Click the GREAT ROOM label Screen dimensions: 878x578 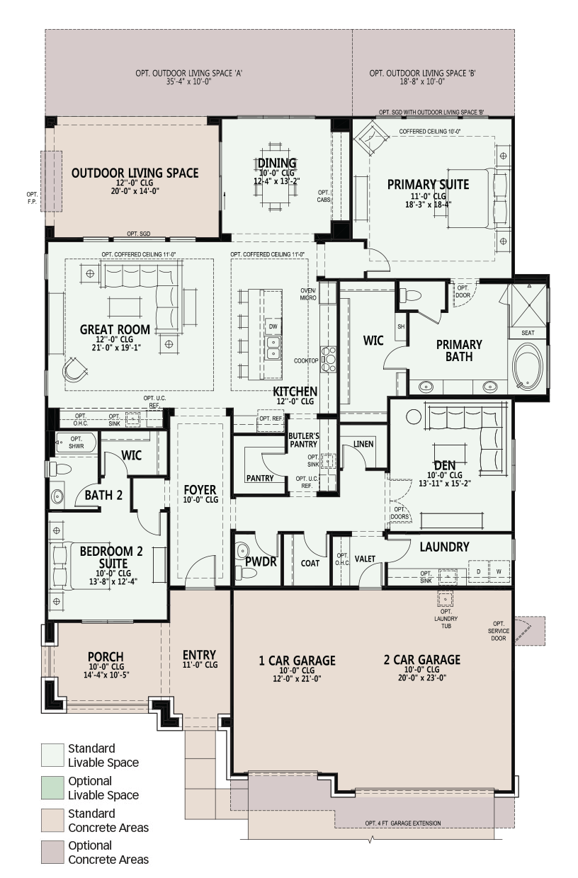tap(115, 329)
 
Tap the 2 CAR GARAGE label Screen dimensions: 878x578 tap(421, 660)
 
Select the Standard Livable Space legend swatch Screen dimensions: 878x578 tap(52, 754)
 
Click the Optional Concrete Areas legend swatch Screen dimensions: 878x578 tap(52, 852)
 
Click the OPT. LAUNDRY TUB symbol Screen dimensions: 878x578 tap(446, 600)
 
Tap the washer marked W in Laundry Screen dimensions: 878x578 tap(499, 571)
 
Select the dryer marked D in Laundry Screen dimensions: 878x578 tap(478, 571)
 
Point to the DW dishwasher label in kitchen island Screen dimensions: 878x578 tap(272, 326)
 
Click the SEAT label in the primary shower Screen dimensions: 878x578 tap(528, 333)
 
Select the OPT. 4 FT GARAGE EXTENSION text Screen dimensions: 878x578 tap(402, 823)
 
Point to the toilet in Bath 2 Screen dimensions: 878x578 tap(57, 469)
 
